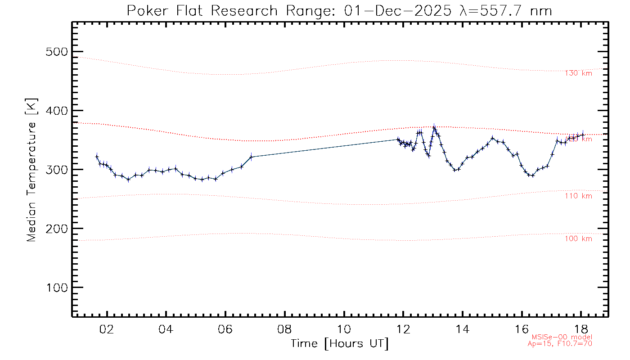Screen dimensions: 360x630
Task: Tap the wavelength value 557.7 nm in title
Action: (x=513, y=11)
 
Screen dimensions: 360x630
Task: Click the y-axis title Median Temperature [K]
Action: (x=31, y=170)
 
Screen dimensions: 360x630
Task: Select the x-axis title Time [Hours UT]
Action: (x=340, y=344)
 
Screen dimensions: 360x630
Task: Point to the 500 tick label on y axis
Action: (x=57, y=52)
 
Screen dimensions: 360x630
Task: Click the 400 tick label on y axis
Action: (x=57, y=111)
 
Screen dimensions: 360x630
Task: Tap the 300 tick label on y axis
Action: (x=57, y=170)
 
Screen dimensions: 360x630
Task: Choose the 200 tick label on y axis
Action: (x=57, y=229)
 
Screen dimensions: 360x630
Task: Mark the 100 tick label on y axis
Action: (x=57, y=288)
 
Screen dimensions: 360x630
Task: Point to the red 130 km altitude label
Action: (x=578, y=73)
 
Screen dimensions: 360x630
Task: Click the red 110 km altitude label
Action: (x=578, y=196)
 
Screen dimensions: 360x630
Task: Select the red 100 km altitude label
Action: (x=578, y=239)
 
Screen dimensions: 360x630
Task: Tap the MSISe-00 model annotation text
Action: (x=562, y=337)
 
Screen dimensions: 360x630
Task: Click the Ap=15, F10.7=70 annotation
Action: (x=560, y=344)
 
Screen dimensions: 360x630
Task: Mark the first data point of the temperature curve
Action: (x=97, y=157)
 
